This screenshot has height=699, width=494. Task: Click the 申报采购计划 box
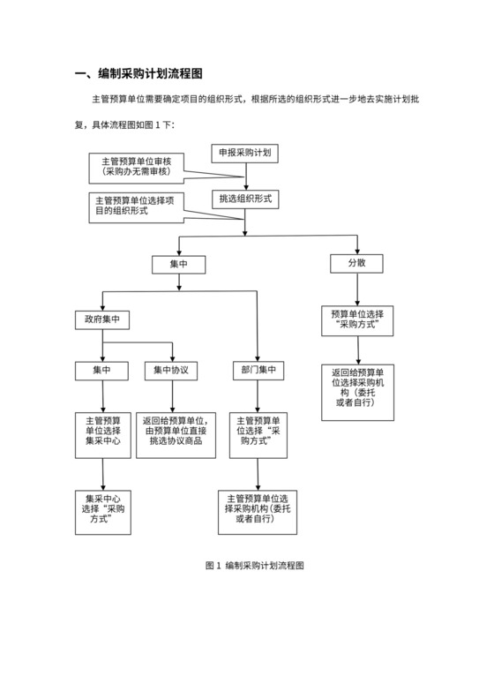[x=244, y=154]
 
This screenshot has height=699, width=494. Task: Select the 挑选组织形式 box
[x=244, y=199]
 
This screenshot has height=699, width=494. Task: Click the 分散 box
[x=356, y=263]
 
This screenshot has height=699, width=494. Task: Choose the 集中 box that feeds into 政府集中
[x=179, y=263]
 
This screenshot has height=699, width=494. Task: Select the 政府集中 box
[x=102, y=319]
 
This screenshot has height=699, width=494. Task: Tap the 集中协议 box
[x=172, y=370]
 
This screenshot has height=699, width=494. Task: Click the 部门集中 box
[x=258, y=370]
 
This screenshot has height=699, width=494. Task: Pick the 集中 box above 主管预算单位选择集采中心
[x=102, y=370]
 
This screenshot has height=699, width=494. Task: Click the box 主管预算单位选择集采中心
[x=102, y=433]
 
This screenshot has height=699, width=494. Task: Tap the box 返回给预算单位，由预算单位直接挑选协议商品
[x=179, y=433]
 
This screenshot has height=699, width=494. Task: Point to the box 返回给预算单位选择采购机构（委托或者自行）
[x=358, y=391]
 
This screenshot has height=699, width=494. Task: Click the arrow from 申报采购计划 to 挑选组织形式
[x=244, y=177]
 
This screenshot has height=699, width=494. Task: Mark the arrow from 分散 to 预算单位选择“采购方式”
[x=356, y=289]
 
